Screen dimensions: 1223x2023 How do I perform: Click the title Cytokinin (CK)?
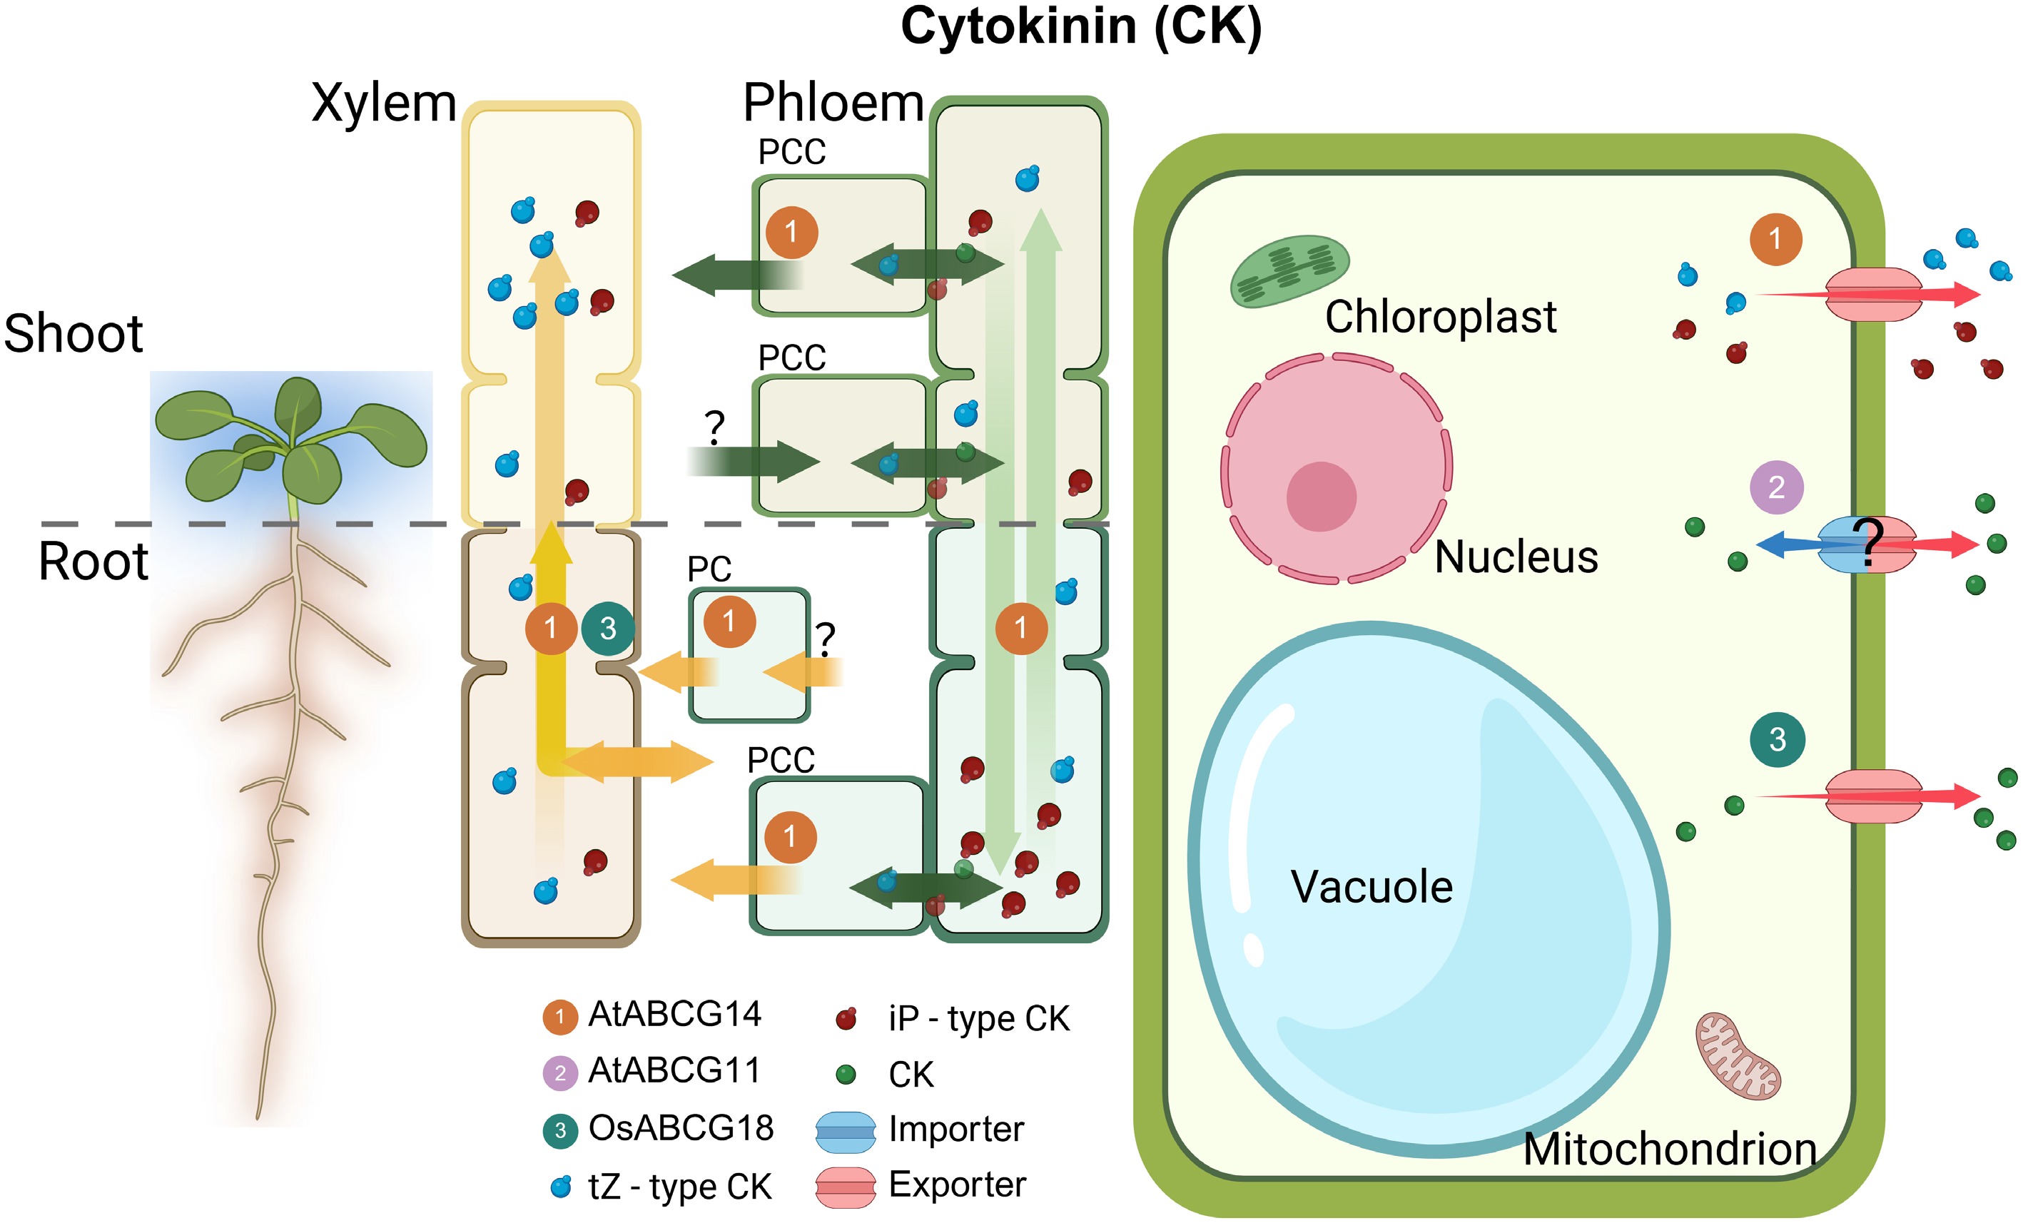(x=1080, y=26)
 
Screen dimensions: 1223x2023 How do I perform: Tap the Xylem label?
(x=383, y=103)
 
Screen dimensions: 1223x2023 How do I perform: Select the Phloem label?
(x=833, y=103)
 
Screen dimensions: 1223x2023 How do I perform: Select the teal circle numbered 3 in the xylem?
(x=607, y=629)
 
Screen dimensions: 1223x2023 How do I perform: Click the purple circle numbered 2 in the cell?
(x=1776, y=487)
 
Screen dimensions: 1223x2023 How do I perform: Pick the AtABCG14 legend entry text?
(x=675, y=1015)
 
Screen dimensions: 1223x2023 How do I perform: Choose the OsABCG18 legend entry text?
(x=681, y=1129)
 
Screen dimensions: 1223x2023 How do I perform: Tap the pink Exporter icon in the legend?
(x=846, y=1187)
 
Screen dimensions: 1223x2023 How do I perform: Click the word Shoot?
(x=74, y=334)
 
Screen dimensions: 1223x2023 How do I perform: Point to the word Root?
(x=93, y=562)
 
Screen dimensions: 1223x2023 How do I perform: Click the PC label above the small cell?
(x=709, y=569)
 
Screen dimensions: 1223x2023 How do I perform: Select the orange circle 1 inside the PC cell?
(x=729, y=621)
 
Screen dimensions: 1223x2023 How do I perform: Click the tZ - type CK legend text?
(x=680, y=1187)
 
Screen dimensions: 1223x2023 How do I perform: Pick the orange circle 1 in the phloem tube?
(x=1020, y=629)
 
